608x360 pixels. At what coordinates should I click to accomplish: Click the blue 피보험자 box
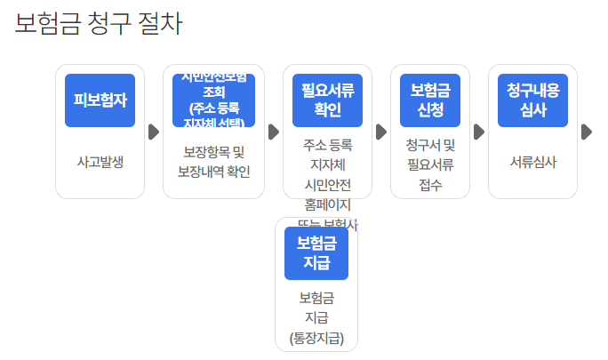click(x=100, y=100)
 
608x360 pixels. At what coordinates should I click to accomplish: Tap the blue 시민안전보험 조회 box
click(x=213, y=100)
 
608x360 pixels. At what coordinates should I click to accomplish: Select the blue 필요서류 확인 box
click(x=327, y=100)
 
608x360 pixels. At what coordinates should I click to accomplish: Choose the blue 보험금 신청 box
click(x=429, y=100)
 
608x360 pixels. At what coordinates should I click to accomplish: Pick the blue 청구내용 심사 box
click(x=532, y=100)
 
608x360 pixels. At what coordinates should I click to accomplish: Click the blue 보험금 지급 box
click(x=316, y=252)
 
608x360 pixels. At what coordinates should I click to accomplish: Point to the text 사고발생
click(x=100, y=162)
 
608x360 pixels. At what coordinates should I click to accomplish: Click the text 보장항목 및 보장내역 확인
click(x=213, y=161)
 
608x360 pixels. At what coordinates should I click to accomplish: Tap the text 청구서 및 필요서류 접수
click(x=429, y=164)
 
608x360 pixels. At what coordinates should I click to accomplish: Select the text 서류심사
click(x=532, y=162)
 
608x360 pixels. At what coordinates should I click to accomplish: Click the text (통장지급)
click(x=316, y=337)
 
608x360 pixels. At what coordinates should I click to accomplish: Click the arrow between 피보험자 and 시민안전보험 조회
click(x=154, y=132)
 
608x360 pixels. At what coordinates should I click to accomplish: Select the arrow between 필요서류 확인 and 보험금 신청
click(x=381, y=132)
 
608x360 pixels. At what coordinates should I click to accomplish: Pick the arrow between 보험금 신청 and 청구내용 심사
click(x=479, y=132)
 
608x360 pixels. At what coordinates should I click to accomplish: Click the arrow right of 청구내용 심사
click(x=586, y=132)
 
